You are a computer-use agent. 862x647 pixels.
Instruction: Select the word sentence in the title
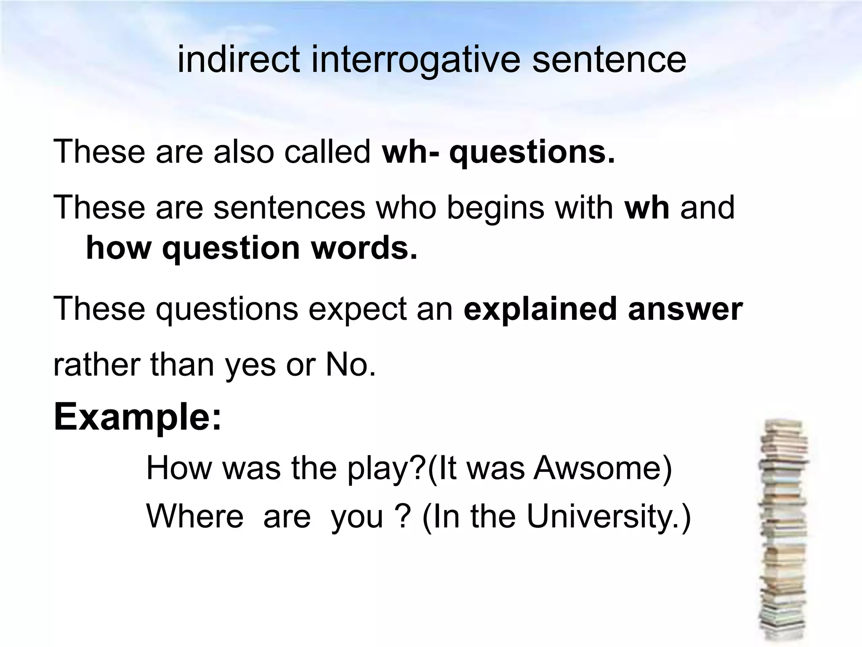point(609,60)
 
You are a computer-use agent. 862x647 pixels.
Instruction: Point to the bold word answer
point(685,309)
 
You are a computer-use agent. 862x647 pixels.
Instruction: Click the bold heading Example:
point(138,417)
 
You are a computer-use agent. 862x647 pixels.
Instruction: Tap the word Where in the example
point(195,516)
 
